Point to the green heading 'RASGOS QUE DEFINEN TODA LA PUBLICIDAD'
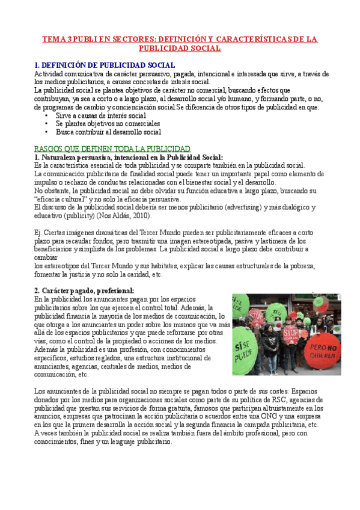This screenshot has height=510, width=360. pyautogui.click(x=112, y=148)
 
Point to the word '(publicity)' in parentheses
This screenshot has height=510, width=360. pyautogui.click(x=78, y=215)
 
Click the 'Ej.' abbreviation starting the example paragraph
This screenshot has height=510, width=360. pyautogui.click(x=38, y=232)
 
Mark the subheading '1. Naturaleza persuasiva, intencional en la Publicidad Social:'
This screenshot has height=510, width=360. pyautogui.click(x=129, y=156)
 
